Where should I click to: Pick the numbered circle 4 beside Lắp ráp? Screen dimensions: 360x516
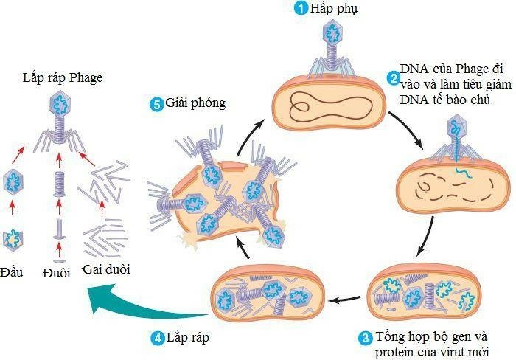pos(157,339)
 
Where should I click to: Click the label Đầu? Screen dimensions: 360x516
pos(12,271)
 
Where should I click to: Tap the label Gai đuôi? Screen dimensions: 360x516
pos(107,270)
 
